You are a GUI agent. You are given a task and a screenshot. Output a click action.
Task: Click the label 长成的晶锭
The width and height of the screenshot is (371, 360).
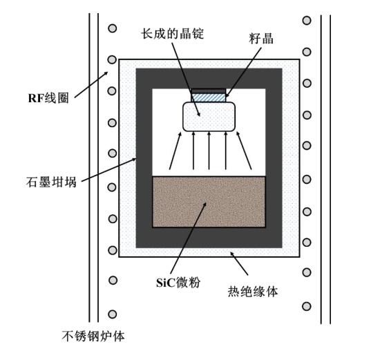(173, 34)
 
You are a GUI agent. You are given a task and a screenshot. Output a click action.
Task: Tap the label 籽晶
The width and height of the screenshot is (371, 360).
(261, 38)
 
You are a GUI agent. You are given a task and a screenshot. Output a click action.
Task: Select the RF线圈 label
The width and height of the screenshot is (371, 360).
(48, 98)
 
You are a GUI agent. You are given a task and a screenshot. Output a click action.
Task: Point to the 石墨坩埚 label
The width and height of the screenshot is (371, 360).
(51, 182)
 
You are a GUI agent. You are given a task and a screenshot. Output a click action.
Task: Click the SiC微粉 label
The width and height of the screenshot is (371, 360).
(178, 282)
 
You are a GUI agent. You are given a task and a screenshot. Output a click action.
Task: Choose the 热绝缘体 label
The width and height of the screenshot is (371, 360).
(253, 292)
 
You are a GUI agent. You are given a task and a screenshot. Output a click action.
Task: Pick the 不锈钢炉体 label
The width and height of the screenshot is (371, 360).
(93, 336)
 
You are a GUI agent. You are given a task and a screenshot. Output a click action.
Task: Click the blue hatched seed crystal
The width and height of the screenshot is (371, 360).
(209, 97)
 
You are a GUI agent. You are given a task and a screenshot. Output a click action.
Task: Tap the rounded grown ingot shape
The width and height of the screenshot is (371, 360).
(209, 117)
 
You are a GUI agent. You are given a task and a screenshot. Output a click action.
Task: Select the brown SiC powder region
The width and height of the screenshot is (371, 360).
(209, 202)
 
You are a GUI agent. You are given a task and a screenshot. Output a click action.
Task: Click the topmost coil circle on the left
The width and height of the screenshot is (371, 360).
(113, 28)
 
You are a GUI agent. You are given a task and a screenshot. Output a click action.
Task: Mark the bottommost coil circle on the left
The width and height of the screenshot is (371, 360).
(113, 314)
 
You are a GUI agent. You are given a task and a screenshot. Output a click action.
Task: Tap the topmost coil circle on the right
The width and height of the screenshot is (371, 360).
(307, 20)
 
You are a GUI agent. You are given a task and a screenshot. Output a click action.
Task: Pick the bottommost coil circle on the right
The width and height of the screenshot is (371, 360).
(307, 306)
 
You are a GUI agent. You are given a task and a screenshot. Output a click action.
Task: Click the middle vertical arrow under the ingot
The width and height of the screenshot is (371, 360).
(209, 151)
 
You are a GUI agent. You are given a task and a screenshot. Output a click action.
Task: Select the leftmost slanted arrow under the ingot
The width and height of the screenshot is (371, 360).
(175, 151)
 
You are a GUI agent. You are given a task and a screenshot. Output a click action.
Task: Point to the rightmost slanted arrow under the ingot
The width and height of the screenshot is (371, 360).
(244, 151)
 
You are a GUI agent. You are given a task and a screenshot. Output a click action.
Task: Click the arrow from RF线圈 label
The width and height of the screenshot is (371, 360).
(91, 84)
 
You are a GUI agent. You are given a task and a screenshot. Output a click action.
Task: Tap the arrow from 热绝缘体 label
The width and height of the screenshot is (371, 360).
(239, 263)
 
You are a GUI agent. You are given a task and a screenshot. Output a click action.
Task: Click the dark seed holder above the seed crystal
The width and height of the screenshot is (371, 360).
(209, 91)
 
